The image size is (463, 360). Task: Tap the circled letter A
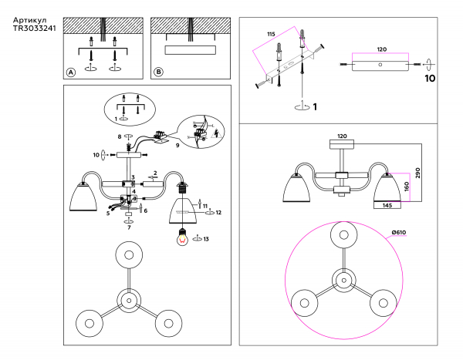[x=71, y=72]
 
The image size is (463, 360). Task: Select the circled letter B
[x=159, y=72]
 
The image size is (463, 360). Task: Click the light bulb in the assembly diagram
[x=183, y=237]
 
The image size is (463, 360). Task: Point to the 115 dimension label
[x=271, y=35]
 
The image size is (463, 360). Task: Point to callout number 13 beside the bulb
[x=205, y=238]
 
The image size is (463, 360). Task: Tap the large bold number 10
[x=430, y=79]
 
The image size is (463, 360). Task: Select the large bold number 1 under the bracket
[x=315, y=107]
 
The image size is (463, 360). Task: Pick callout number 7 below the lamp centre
[x=129, y=227]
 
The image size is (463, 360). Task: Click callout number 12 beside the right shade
[x=218, y=211]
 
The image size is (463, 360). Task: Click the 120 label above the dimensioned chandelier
[x=342, y=136]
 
